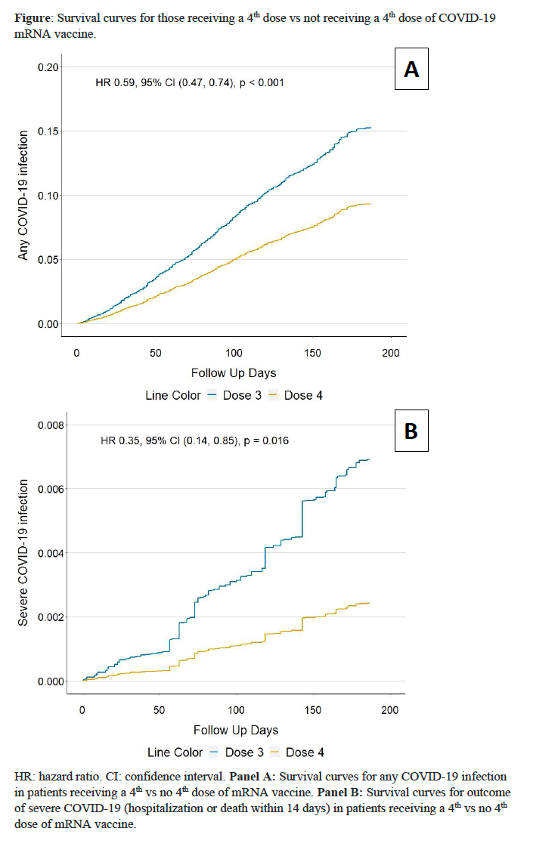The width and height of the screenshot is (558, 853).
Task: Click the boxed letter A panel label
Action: tap(411, 70)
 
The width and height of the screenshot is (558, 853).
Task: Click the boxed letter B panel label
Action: tap(411, 430)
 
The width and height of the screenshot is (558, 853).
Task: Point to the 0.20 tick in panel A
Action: tap(48, 67)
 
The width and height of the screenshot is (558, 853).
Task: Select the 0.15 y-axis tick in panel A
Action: tap(48, 131)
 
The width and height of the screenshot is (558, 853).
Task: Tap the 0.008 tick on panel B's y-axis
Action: tap(51, 425)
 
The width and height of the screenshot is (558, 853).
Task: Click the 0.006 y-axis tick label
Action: tap(51, 489)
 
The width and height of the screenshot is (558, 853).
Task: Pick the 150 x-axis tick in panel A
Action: tap(312, 353)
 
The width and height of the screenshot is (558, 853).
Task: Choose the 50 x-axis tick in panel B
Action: tap(159, 710)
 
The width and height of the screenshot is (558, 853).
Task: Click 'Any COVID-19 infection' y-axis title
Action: tap(23, 196)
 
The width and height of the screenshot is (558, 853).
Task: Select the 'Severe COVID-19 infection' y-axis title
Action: tap(23, 552)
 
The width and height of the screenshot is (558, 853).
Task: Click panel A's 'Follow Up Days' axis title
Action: tap(234, 373)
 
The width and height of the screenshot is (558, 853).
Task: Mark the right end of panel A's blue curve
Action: tap(370, 128)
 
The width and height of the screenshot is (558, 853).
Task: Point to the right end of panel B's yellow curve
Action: tap(369, 603)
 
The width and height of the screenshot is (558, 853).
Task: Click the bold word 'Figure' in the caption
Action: tap(34, 17)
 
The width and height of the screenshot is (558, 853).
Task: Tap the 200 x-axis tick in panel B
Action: tap(389, 710)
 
